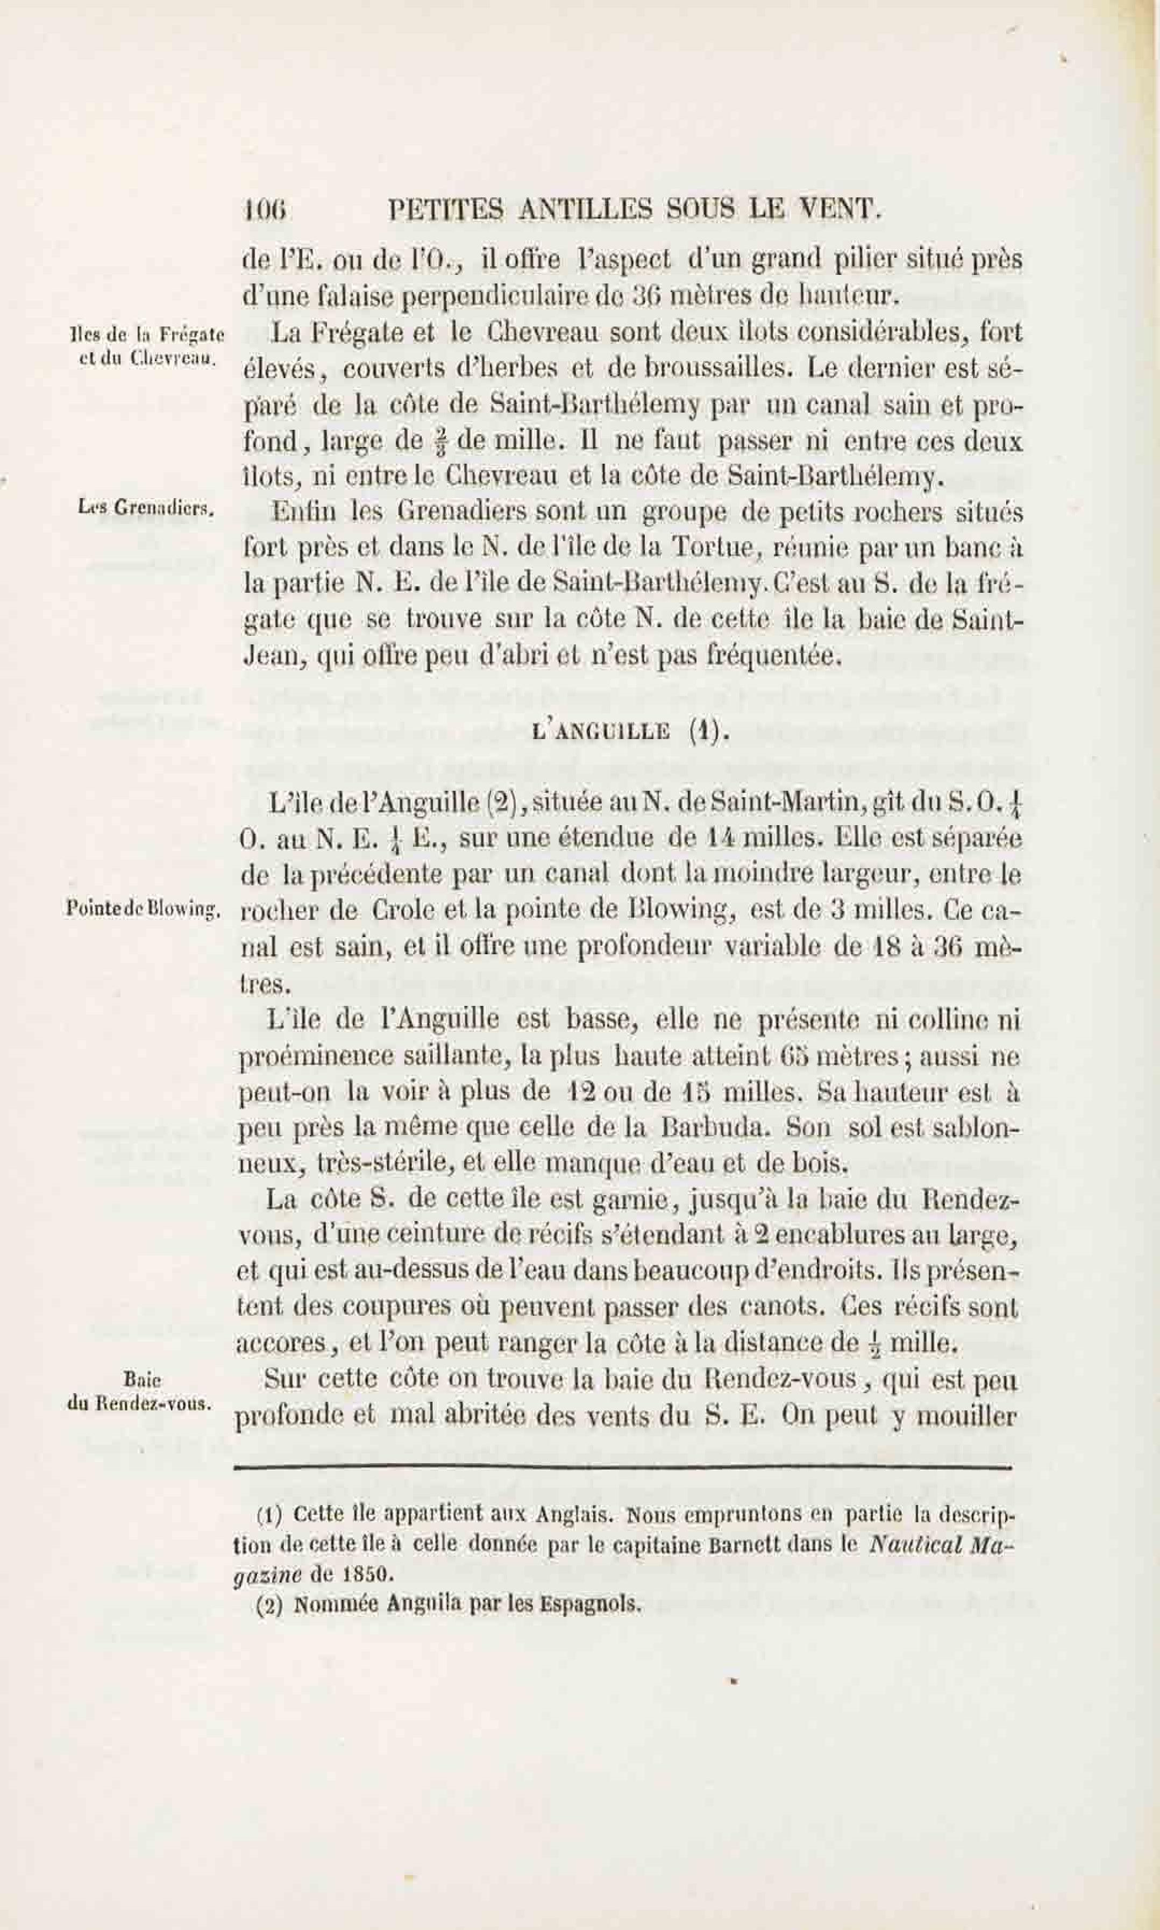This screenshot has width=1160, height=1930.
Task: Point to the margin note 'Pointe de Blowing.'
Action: click(x=145, y=909)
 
